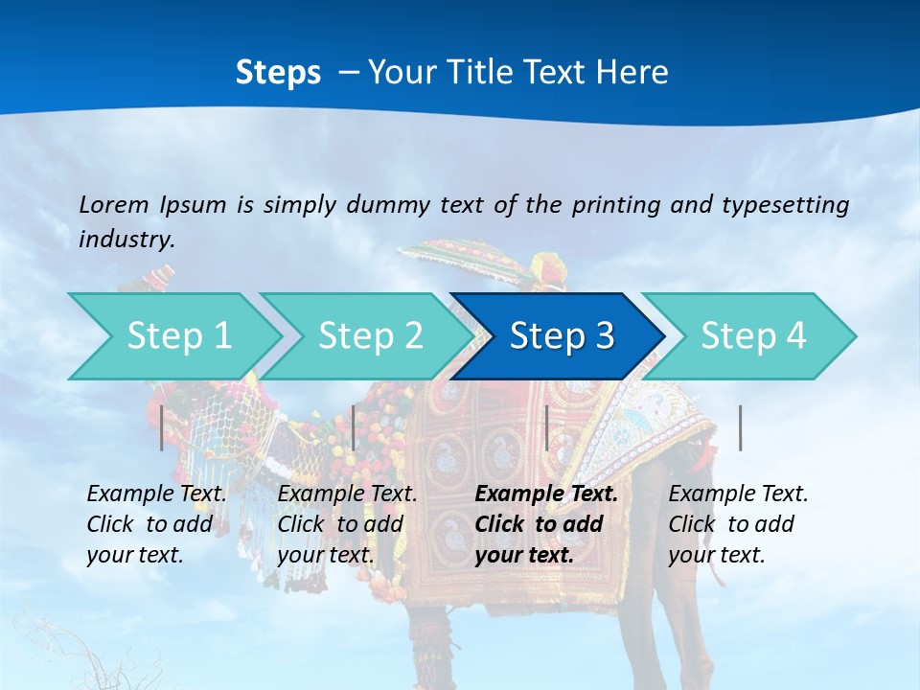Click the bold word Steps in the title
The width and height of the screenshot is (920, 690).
click(x=278, y=73)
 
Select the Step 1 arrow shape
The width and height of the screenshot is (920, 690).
click(x=178, y=336)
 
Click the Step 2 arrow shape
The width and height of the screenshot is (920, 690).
click(x=370, y=336)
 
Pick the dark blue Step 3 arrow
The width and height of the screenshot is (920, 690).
click(x=561, y=336)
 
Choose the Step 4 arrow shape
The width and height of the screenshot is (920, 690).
click(x=752, y=336)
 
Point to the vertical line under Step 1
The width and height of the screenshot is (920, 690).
click(x=162, y=427)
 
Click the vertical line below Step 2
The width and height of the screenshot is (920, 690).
click(x=354, y=427)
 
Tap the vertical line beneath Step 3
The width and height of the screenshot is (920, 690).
click(x=546, y=427)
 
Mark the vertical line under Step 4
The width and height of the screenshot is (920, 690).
click(x=741, y=427)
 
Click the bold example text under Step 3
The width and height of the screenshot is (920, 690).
click(x=546, y=524)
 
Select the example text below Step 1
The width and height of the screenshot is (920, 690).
click(x=156, y=524)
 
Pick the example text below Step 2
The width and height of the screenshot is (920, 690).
click(x=347, y=524)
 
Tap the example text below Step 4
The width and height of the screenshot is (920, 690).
click(x=738, y=524)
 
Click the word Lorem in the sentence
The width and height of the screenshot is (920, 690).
click(x=112, y=205)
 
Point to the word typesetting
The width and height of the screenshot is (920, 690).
click(x=785, y=205)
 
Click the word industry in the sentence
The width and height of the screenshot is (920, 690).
click(x=125, y=240)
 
